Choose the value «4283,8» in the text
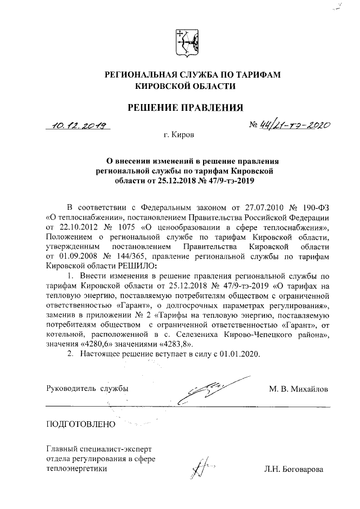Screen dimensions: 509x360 point(175,343)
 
